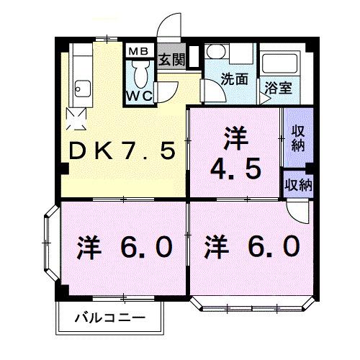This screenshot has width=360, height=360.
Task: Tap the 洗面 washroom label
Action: pos(234,80)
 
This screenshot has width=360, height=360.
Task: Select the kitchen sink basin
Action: pos(80,91)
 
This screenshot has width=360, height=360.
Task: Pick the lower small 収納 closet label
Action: pos(297,184)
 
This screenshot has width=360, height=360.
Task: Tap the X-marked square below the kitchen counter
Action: pos(75,116)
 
